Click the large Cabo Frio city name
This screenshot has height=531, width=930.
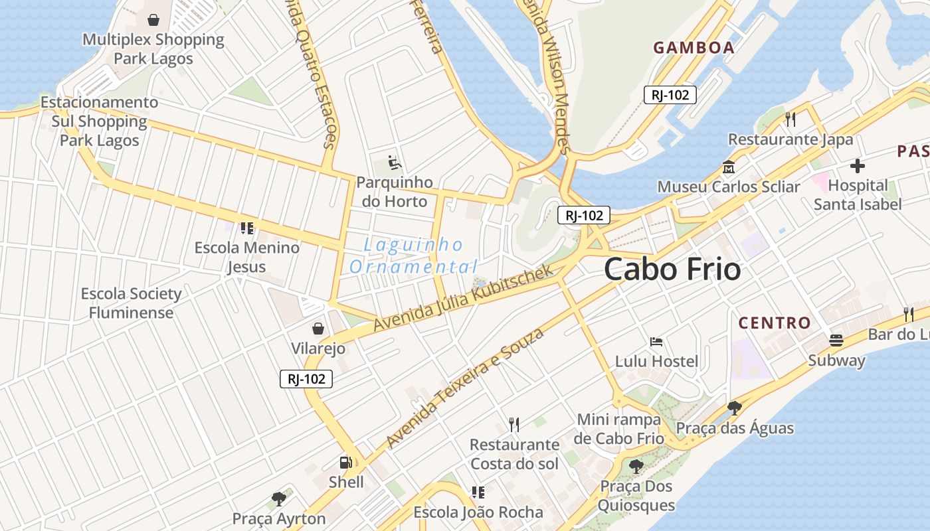point(672,269)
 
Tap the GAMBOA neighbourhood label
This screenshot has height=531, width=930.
point(694,48)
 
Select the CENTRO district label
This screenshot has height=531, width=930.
point(775,323)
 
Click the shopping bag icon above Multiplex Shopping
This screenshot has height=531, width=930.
point(153,20)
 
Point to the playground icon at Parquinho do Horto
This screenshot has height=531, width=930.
point(394,162)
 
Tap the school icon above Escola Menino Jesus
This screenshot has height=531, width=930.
point(247,228)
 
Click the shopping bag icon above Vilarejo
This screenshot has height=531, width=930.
point(318,329)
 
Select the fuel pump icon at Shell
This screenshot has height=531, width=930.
point(346,462)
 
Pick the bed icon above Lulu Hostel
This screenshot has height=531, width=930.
point(656,342)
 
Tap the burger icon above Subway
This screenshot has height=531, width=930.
point(836,341)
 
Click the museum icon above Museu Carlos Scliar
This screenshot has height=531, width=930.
point(729,167)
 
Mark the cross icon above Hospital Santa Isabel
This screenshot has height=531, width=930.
point(858,165)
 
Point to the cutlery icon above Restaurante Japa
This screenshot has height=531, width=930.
point(790,119)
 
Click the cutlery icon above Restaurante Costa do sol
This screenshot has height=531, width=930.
point(514,424)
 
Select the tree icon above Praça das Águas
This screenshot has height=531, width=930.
point(734,408)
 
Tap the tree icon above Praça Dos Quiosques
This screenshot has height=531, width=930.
point(636,466)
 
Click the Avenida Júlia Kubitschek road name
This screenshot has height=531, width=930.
point(463,299)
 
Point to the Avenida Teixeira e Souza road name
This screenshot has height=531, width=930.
point(464,388)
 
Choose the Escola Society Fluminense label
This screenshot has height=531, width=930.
point(131,303)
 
